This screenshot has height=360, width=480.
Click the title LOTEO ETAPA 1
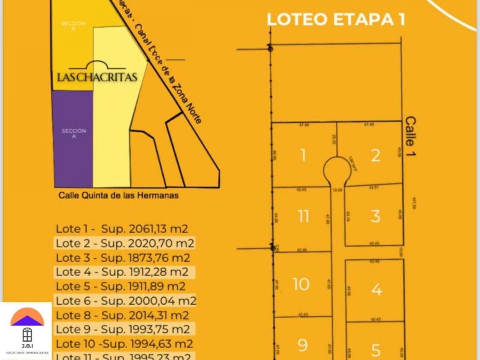coord(336,20)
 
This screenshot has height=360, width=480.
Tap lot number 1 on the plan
coord(303,155)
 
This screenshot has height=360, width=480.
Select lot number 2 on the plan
coord(375,156)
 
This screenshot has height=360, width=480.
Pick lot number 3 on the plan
coord(375,216)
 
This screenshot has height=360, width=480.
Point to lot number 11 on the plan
coord(303,216)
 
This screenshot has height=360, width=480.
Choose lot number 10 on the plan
coord(301,284)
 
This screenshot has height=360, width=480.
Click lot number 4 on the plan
coord(376,289)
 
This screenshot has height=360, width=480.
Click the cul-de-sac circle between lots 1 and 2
coord(337,170)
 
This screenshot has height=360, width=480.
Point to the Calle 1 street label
coord(410,136)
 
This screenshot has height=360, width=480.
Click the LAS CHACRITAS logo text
coord(97,77)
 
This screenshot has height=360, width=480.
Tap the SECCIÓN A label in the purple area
coord(74,133)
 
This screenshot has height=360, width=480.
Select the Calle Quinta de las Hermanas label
coord(118,196)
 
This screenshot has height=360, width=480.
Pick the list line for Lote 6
coord(126,301)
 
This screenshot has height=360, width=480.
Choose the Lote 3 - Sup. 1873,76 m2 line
coord(123,258)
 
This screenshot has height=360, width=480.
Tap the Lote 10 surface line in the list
coord(124,344)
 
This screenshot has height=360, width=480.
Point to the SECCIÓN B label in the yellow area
coord(73,26)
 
